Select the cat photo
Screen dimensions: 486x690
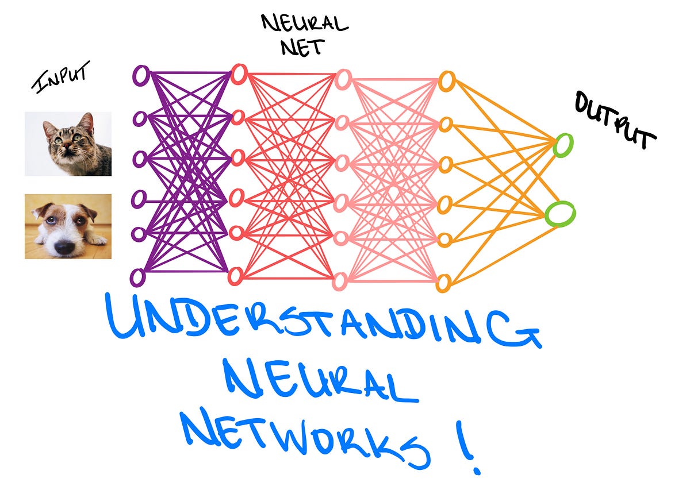tap(68, 144)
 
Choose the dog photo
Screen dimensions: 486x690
tap(68, 226)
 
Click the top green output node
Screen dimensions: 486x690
tap(563, 144)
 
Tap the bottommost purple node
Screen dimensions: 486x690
tap(138, 277)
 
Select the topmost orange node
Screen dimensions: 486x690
tap(446, 80)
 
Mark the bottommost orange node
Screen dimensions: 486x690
tap(443, 283)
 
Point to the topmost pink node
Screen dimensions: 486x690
tap(343, 79)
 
